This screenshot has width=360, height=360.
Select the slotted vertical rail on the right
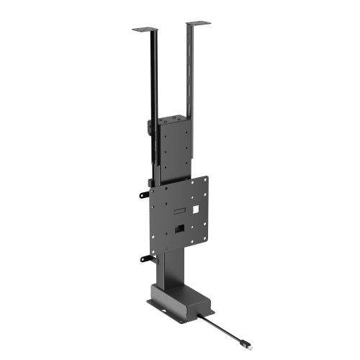190,72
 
